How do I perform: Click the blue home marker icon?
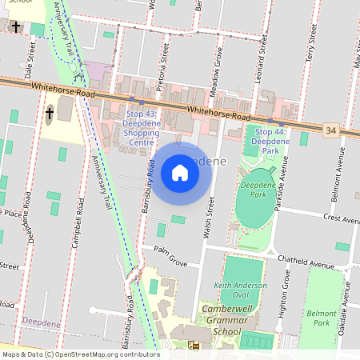[x=180, y=172]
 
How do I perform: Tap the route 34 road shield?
[x=330, y=130]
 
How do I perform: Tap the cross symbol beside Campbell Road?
[x=50, y=114]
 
